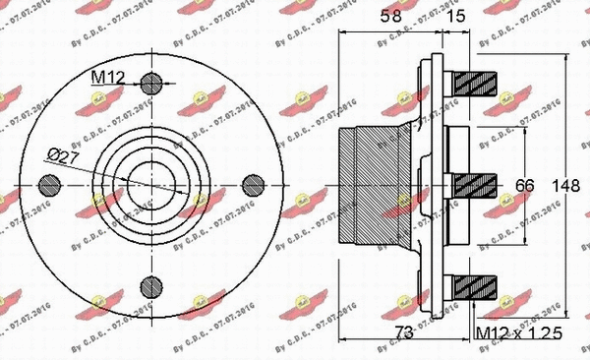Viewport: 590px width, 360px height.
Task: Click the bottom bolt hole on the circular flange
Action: click(150, 285)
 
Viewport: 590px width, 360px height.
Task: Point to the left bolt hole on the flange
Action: click(49, 183)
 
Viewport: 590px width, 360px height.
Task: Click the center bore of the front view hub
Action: click(150, 183)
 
